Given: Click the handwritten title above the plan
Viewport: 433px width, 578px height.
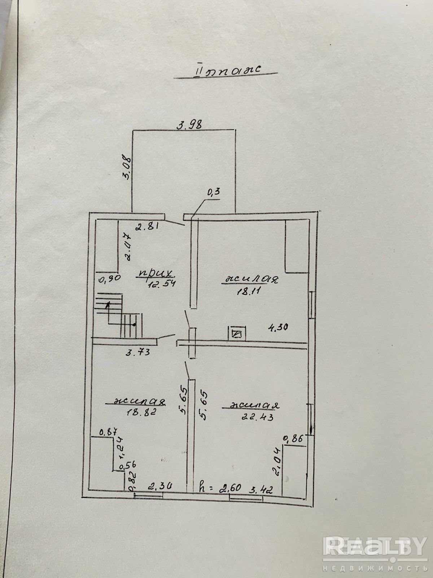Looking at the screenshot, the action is pyautogui.click(x=227, y=70).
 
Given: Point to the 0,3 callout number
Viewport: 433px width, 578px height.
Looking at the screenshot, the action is pyautogui.click(x=213, y=192).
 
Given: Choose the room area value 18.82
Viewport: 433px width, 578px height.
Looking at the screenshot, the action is pyautogui.click(x=141, y=412).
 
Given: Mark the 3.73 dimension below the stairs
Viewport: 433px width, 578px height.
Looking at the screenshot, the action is pyautogui.click(x=138, y=352).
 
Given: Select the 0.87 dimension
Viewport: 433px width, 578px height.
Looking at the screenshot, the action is pyautogui.click(x=106, y=431).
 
